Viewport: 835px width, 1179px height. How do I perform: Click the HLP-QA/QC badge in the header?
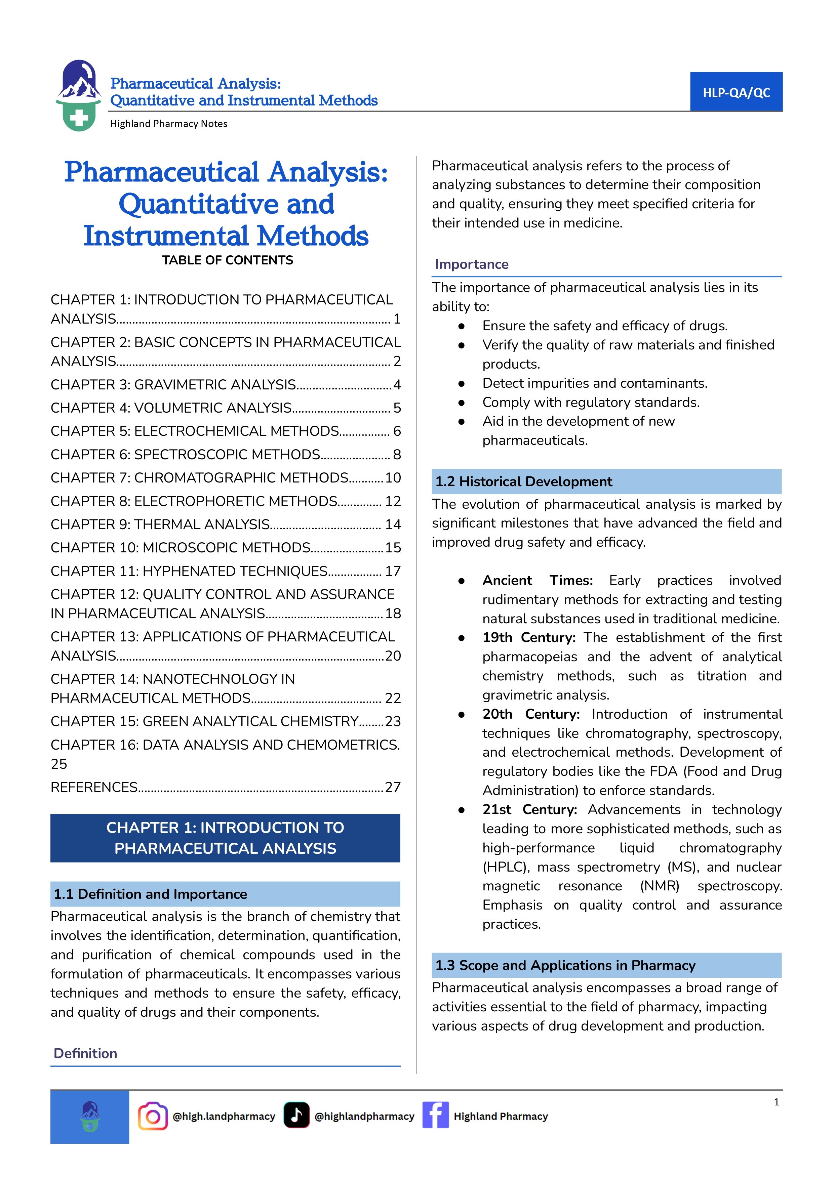736,92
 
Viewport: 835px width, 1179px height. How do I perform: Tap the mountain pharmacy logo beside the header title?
79,96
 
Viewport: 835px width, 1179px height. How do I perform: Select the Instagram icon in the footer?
153,1116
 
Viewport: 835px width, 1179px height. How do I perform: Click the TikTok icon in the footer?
297,1115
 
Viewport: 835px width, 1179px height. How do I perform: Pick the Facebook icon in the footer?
436,1115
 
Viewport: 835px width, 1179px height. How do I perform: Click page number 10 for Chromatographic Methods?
393,478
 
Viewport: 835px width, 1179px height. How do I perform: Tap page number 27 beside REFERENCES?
393,787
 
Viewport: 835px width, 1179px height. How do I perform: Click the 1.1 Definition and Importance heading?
151,894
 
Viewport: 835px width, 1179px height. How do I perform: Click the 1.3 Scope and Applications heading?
565,965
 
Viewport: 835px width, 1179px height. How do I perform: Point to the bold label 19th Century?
528,638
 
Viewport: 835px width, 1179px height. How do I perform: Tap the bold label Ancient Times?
537,581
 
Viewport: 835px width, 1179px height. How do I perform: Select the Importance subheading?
472,264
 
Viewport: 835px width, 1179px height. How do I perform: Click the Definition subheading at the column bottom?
85,1054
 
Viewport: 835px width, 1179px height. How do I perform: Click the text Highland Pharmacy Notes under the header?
169,124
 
